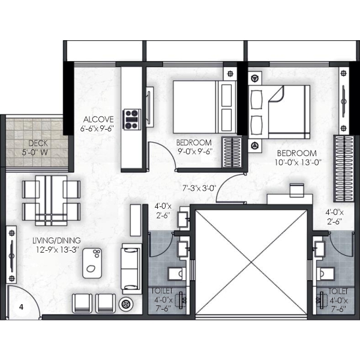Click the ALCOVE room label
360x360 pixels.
click(98, 119)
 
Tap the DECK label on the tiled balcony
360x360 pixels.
click(38, 143)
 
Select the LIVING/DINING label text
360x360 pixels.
click(56, 241)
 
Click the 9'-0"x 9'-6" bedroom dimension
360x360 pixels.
click(195, 152)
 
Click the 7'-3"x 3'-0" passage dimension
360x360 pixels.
click(199, 188)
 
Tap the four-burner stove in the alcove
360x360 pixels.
click(132, 119)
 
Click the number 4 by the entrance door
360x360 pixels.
click(22, 307)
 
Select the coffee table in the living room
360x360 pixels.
click(92, 263)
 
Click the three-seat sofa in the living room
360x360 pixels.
click(131, 269)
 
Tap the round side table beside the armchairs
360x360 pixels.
click(126, 304)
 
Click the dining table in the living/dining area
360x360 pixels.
click(51, 200)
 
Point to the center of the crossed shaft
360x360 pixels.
click(251, 262)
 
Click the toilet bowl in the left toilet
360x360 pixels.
click(176, 274)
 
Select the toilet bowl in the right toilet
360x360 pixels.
click(325, 274)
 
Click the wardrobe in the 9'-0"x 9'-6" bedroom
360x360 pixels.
click(232, 152)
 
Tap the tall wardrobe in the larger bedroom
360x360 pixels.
click(343, 169)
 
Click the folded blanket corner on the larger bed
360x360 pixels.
click(277, 94)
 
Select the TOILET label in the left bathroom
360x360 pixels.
click(162, 291)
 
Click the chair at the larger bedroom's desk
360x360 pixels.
click(297, 190)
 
